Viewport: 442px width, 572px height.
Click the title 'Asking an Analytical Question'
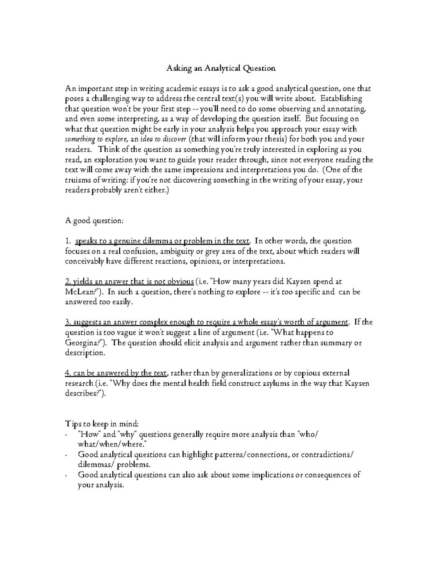point(221,69)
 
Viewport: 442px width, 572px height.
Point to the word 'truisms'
point(78,180)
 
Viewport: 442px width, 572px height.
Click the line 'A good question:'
point(94,221)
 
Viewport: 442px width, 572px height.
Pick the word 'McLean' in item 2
point(79,292)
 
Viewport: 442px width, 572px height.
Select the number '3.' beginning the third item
point(68,323)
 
